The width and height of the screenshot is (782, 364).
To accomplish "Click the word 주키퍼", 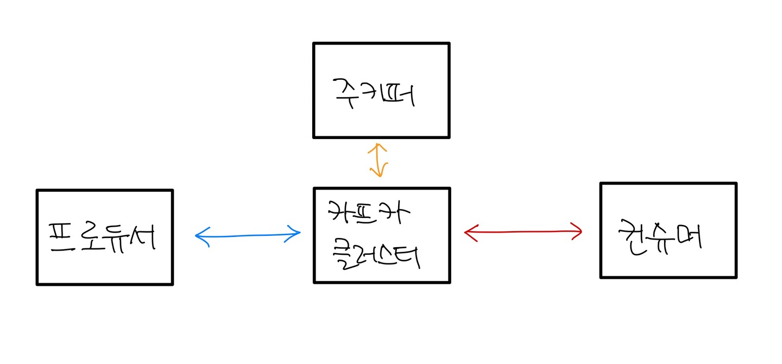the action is pos(374,92).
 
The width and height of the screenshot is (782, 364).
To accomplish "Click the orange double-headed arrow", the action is pos(378,161).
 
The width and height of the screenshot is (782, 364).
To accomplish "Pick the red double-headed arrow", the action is pos(523,233).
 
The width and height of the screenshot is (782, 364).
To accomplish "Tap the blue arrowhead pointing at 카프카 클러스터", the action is pos(295,234).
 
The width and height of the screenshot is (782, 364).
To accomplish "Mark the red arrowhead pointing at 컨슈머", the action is pos(577,232).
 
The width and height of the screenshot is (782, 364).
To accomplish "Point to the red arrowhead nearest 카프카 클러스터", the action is pos(470,233).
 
